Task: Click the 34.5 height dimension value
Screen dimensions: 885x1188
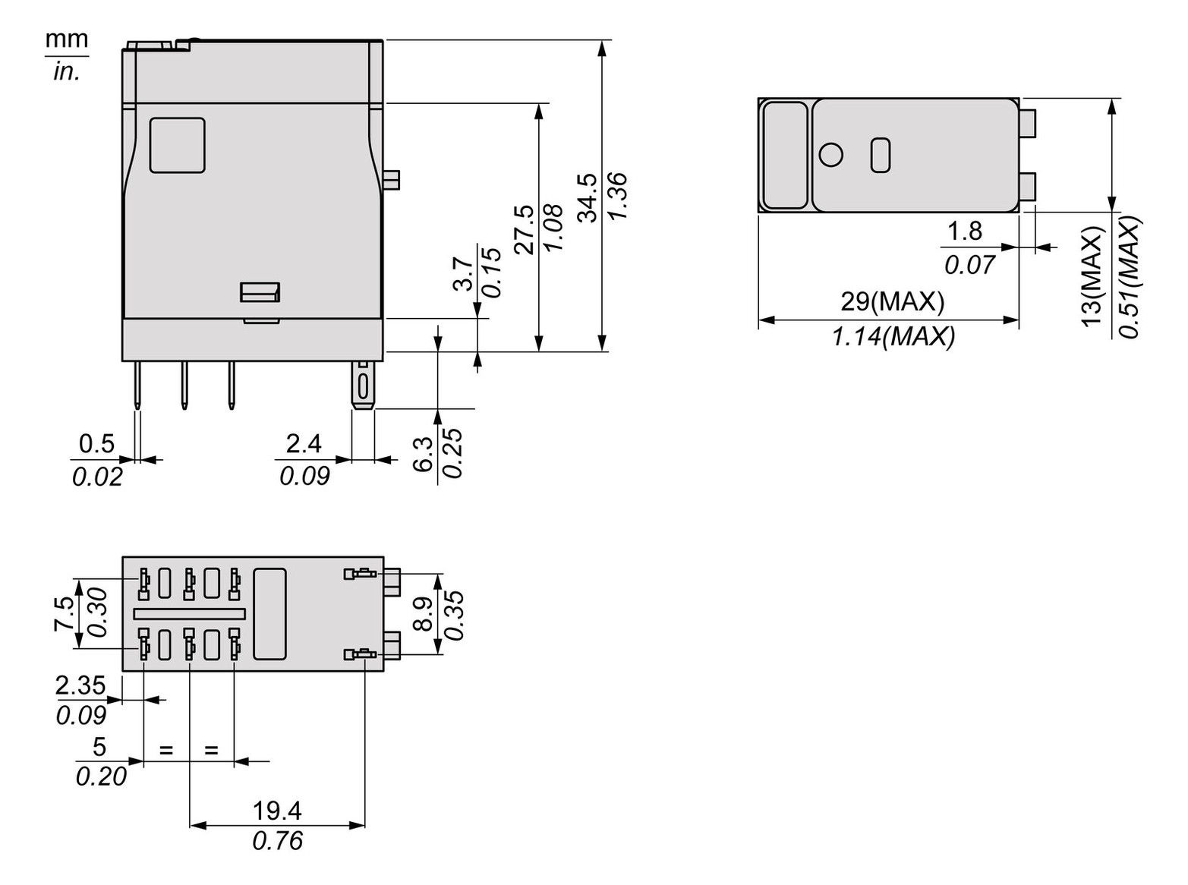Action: pos(588,197)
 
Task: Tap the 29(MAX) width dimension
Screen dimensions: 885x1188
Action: pos(892,302)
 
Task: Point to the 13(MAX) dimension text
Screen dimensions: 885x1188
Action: pos(1092,276)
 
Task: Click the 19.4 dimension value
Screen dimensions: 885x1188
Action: pos(277,811)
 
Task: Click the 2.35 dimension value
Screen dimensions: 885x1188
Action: pos(80,685)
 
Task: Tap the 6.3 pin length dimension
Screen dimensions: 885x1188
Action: pos(424,453)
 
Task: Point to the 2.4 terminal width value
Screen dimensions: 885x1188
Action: pos(304,443)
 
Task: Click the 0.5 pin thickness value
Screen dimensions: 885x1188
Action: pos(96,443)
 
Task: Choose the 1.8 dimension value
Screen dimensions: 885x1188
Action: pos(965,231)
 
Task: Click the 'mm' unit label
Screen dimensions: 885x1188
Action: pos(66,39)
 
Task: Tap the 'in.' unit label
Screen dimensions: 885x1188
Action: pos(66,72)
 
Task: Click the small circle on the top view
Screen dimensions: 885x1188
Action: pos(831,155)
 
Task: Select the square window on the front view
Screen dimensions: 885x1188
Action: pos(177,145)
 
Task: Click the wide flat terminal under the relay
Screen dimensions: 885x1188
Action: pos(363,386)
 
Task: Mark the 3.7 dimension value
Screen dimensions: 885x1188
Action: pos(464,274)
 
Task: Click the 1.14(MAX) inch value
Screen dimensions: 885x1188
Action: pos(893,336)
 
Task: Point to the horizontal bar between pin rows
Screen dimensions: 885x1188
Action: pos(190,613)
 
